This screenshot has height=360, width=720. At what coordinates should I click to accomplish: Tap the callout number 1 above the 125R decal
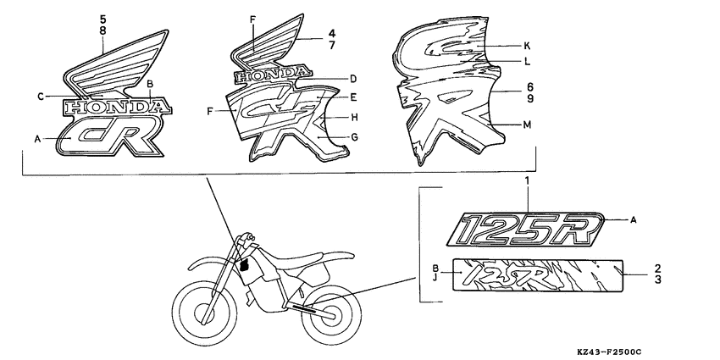click(526, 182)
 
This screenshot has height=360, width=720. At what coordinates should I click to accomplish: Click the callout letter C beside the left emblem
click(40, 97)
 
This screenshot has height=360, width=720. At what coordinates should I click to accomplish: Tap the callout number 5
click(103, 18)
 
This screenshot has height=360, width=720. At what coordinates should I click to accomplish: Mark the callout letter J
click(435, 275)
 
